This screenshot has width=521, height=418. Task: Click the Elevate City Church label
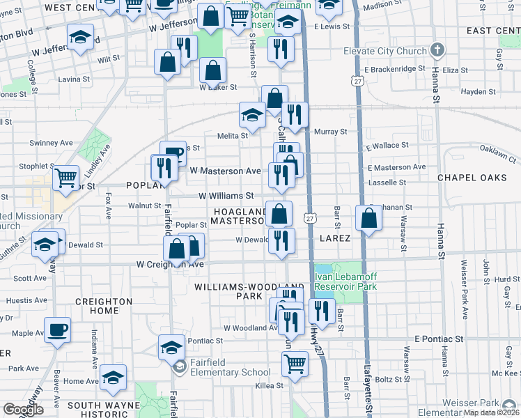391,51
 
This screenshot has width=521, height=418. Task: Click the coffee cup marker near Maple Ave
57,329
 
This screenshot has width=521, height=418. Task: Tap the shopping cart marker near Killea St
295,363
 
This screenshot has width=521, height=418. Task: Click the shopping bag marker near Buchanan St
368,217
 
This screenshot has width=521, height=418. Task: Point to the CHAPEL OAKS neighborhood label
472,178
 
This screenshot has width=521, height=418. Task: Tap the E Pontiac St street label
439,339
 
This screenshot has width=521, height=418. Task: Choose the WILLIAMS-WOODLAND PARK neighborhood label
249,291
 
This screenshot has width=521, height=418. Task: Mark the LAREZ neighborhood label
334,238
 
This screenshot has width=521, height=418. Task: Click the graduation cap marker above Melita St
252,114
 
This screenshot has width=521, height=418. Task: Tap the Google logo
23,410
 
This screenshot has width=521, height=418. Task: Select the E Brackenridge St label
389,69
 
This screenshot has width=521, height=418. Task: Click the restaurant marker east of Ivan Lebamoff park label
321,311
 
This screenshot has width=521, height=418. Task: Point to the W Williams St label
225,196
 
